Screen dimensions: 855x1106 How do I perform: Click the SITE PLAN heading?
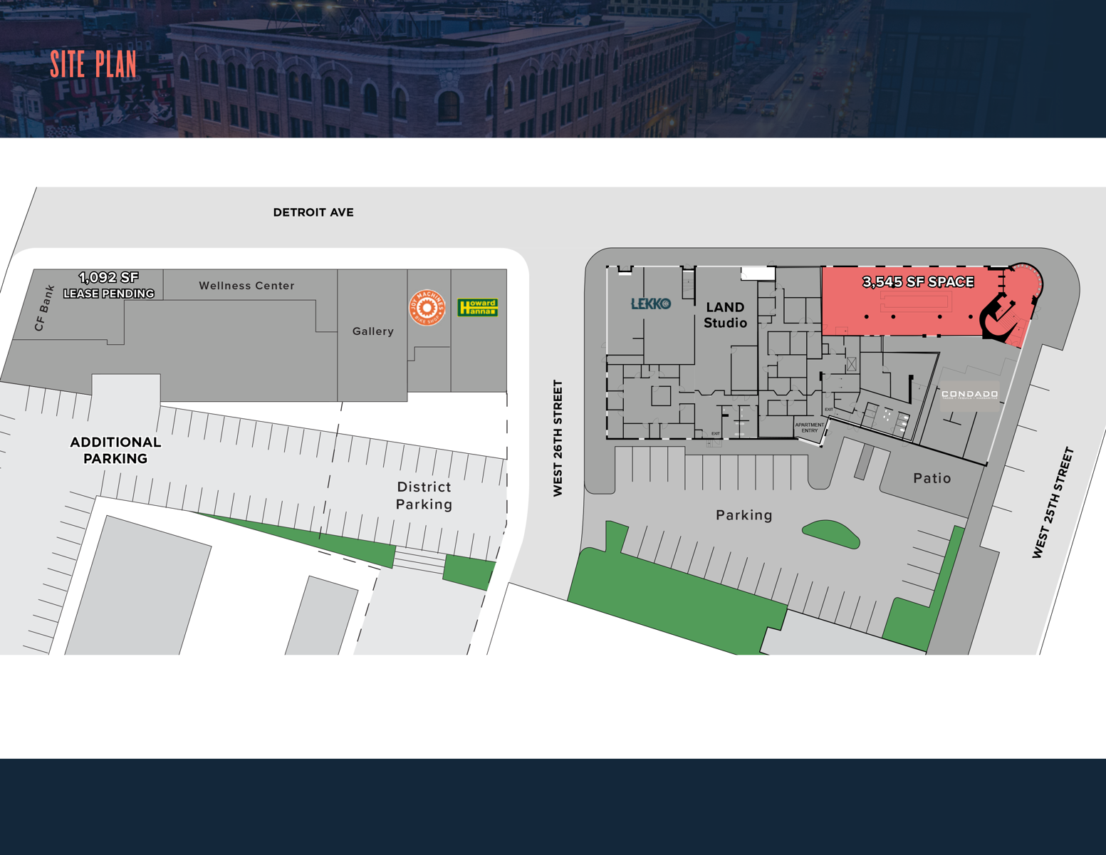[93, 65]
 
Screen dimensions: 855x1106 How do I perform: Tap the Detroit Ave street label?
[313, 212]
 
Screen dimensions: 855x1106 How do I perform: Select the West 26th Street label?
[558, 437]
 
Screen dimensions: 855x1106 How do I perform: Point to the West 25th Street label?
[1053, 502]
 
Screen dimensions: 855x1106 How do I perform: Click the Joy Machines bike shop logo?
[427, 308]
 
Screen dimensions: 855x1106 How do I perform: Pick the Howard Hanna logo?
[477, 307]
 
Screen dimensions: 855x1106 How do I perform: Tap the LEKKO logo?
[651, 304]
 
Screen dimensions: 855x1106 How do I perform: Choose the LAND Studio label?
[725, 315]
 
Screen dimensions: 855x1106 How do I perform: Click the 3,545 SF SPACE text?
[918, 282]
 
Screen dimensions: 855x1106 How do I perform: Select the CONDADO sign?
[969, 394]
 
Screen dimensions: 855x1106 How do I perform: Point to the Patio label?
[932, 478]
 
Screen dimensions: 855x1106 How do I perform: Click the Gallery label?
[372, 331]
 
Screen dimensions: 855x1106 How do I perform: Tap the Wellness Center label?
[246, 286]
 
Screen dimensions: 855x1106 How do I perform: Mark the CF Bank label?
[44, 309]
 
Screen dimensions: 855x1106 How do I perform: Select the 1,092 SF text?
[109, 277]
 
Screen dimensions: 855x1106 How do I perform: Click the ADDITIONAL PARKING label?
[115, 450]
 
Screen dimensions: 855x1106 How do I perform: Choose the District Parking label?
[424, 495]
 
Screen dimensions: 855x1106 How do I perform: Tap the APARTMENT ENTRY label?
[809, 427]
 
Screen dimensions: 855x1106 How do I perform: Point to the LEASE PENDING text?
[109, 294]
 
